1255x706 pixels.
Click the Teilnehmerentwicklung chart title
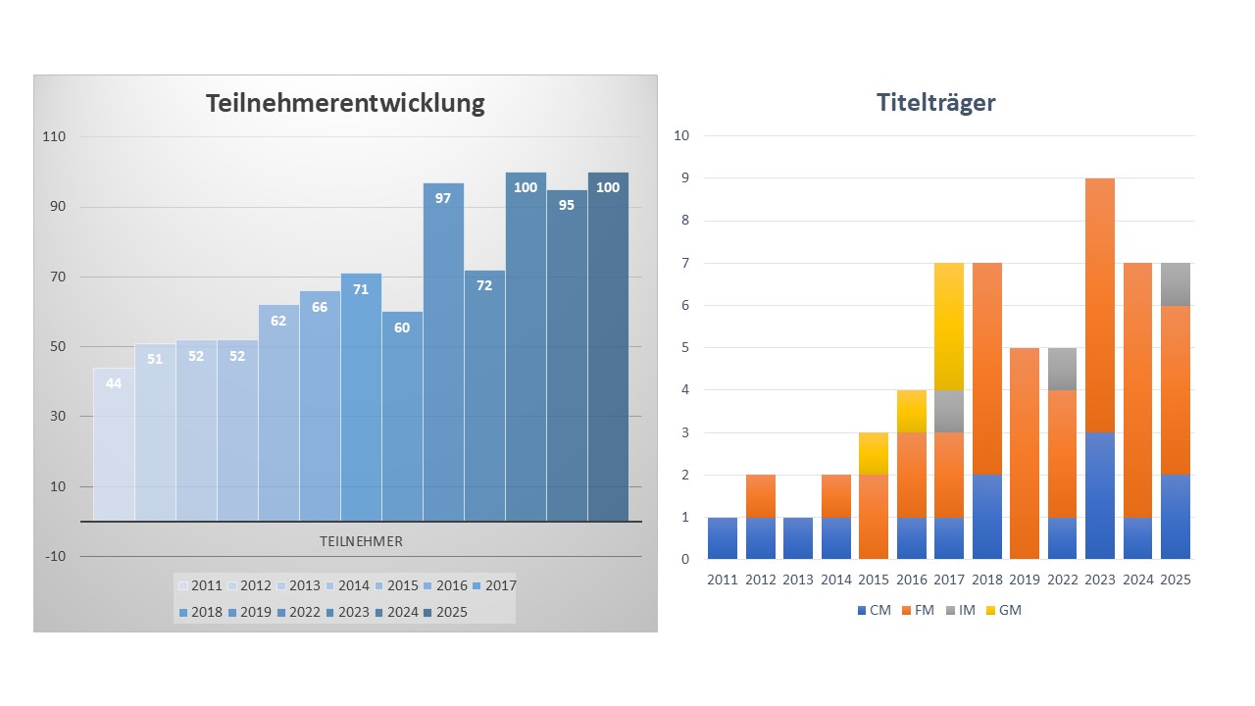click(345, 103)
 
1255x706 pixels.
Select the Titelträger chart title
click(935, 102)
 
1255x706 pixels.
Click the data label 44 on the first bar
click(114, 383)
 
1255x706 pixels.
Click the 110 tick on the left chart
click(53, 137)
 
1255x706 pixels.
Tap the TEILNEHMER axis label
click(361, 541)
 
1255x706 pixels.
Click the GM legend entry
click(1002, 610)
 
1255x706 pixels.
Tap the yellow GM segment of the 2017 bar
click(948, 327)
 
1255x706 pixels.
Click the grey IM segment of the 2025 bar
click(1176, 284)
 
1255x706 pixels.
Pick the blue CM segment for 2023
click(1100, 495)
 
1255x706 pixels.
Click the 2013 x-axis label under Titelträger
click(798, 580)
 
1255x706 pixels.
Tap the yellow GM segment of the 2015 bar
click(873, 453)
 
